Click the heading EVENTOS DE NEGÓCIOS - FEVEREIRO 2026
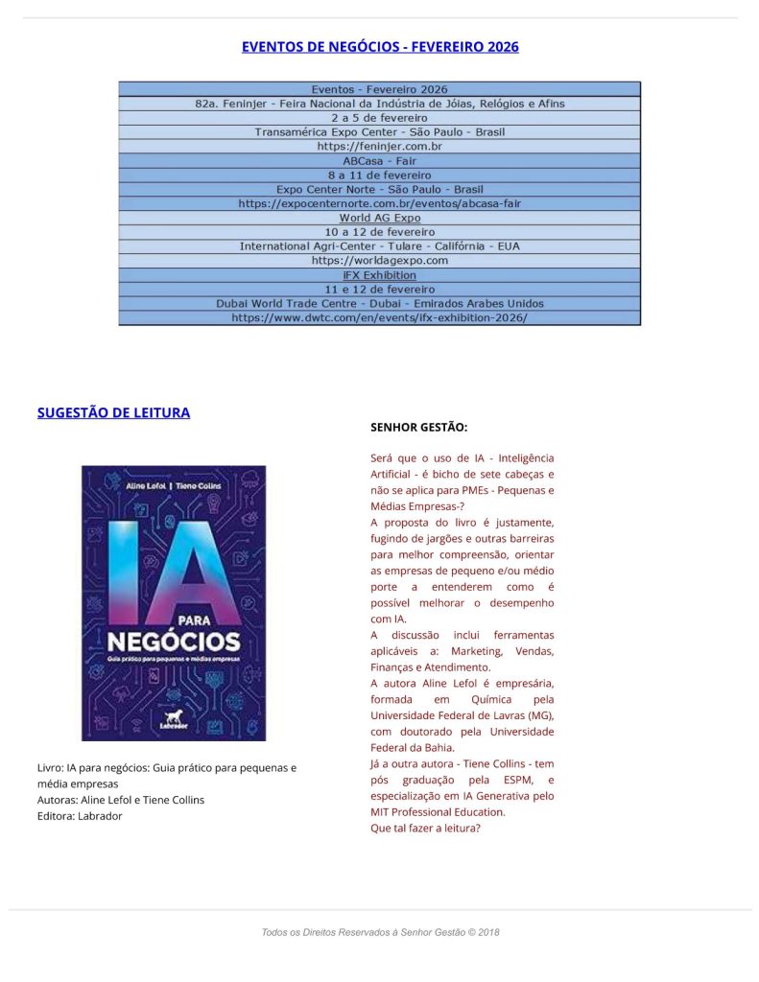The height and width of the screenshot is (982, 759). [x=380, y=46]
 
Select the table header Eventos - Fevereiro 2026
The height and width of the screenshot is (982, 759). [x=379, y=89]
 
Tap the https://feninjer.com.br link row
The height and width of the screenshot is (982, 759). [x=379, y=147]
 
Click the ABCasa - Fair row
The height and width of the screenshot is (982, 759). [x=379, y=161]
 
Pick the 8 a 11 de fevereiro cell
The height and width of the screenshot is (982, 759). [x=379, y=175]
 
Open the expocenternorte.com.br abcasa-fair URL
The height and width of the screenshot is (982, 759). [x=379, y=203]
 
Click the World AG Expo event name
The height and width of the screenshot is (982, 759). [x=379, y=218]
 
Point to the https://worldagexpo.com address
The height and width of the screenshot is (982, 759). [x=379, y=260]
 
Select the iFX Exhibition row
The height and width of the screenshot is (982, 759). [x=379, y=274]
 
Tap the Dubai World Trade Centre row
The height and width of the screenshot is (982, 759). [x=379, y=303]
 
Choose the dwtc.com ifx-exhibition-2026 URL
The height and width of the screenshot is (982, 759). [x=379, y=317]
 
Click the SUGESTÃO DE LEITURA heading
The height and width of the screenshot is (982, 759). [x=113, y=412]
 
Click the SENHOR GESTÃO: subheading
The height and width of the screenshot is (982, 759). [x=418, y=427]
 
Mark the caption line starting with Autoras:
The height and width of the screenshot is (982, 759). [x=120, y=800]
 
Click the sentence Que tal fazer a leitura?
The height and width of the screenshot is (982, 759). [x=425, y=829]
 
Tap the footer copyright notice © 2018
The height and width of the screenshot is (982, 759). [x=380, y=932]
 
